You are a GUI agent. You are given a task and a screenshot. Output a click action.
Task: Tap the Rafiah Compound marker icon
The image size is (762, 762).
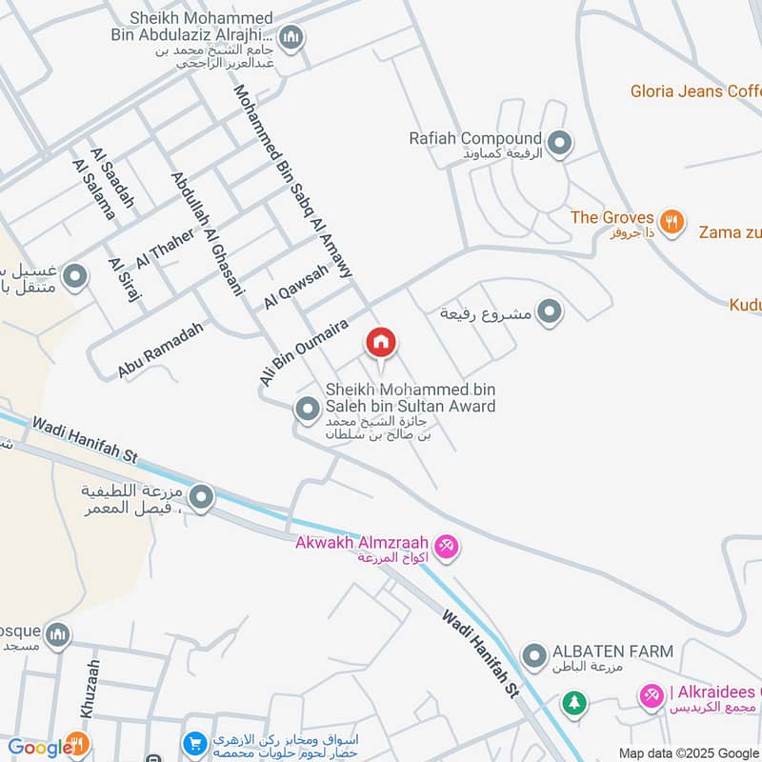point(560,144)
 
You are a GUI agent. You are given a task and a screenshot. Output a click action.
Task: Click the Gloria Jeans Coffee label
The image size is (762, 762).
point(695,91)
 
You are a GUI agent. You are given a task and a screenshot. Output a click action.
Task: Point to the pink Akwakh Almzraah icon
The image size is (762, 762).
point(448,547)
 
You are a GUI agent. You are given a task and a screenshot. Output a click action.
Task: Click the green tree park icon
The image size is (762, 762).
point(573,703)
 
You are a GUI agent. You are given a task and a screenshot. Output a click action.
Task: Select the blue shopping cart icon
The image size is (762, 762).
point(195,743)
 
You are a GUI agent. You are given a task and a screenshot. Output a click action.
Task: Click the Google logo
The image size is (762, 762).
point(36,748)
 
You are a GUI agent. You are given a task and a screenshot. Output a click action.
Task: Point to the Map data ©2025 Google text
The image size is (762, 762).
point(688,752)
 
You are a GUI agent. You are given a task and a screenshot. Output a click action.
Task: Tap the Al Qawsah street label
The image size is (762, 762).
point(296,286)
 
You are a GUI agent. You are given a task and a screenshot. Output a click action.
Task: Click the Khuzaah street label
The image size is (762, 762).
point(90,689)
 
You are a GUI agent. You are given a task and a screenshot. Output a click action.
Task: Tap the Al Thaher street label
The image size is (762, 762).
point(165,248)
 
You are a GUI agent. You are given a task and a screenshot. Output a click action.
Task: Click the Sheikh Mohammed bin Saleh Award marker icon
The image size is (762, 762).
point(307,411)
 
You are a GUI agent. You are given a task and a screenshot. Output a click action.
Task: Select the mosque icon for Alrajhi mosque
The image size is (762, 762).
point(292,38)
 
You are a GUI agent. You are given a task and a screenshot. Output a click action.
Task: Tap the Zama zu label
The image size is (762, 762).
point(729,231)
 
